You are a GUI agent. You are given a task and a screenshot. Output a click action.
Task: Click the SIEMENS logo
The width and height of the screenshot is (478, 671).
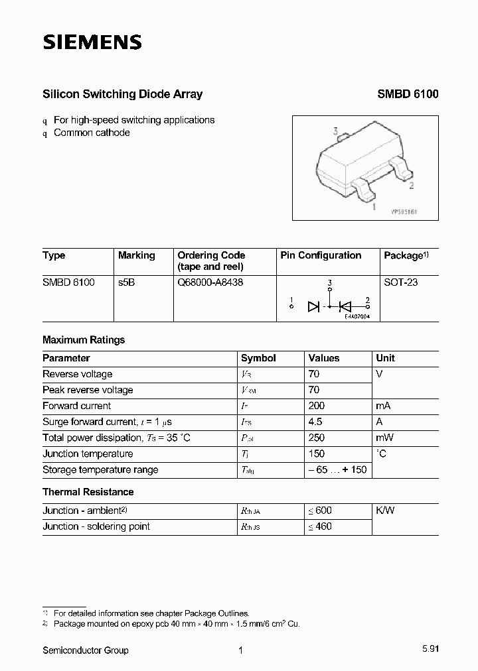[x=92, y=43]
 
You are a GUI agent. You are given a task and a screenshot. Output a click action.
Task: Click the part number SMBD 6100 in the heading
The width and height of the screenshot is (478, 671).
[x=408, y=94]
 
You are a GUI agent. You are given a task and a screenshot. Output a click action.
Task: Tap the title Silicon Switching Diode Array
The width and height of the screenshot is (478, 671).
[x=122, y=94]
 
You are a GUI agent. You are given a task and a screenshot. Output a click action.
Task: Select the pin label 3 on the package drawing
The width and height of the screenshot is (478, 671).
[x=336, y=132]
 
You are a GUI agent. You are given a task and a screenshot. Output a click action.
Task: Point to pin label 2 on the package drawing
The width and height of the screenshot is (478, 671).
[x=412, y=186]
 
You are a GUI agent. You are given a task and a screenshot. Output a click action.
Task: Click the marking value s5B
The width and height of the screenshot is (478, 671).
[x=127, y=282]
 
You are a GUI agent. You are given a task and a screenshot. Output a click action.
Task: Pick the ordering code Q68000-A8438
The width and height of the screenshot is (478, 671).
[x=210, y=282]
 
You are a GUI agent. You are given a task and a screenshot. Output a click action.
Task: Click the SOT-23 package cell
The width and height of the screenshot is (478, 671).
[x=401, y=282]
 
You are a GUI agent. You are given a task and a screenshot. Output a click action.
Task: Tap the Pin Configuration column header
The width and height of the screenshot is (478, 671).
[x=321, y=255]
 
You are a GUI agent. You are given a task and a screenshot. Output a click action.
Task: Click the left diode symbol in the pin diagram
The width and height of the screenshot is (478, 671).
[x=314, y=306]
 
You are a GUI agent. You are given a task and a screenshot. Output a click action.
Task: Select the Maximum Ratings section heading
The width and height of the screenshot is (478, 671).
[x=84, y=339]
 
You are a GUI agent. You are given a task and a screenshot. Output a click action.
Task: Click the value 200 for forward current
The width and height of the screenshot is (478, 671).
[x=317, y=406]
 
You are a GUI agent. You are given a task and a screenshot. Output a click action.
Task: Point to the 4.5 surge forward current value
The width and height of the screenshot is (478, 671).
[x=315, y=422]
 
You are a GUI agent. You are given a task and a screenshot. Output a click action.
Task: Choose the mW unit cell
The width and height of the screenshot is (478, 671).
[x=385, y=438]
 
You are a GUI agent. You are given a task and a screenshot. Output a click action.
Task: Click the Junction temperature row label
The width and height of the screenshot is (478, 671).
[x=88, y=454]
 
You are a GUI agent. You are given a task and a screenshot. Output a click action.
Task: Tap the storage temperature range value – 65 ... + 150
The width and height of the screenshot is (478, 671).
[x=337, y=469]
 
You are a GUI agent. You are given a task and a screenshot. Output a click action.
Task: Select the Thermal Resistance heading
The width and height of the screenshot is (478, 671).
[x=88, y=492]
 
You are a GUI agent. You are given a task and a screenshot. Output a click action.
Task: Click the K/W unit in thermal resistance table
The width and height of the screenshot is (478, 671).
[x=385, y=511]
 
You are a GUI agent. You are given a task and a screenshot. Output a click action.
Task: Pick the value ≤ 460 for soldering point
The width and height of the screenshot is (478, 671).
[x=319, y=526]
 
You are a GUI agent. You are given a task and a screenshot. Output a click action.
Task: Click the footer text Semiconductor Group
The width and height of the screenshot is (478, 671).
[x=86, y=650]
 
